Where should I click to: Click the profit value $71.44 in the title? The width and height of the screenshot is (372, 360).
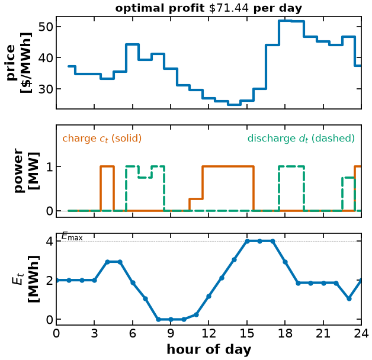point(229,8)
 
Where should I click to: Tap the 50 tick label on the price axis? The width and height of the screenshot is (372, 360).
point(46,27)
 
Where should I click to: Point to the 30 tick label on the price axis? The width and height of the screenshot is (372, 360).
point(46,89)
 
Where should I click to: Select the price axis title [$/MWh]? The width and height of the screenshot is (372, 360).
point(26,63)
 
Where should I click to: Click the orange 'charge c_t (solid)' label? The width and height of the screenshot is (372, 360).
point(102,139)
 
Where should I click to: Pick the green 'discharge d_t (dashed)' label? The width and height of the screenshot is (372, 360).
point(301,139)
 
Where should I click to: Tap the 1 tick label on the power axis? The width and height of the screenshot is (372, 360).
point(50,166)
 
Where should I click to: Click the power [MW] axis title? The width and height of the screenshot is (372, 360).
point(27,171)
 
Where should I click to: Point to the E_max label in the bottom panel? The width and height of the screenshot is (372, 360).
point(72,236)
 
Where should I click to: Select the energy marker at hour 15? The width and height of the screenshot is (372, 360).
point(247,241)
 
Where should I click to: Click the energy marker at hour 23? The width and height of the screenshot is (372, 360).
point(349,298)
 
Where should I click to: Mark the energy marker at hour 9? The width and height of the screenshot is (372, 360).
point(171,319)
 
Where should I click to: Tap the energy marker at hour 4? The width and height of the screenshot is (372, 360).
point(107,262)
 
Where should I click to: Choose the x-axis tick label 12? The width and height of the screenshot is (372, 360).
point(209,334)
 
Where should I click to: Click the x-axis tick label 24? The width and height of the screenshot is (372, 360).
point(361,334)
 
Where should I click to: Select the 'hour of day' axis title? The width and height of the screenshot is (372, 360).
point(209,349)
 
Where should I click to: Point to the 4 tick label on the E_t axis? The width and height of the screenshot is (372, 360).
point(50,242)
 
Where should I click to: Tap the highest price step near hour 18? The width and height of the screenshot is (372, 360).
point(285,21)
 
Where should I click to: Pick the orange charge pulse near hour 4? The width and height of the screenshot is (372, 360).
point(107,166)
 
